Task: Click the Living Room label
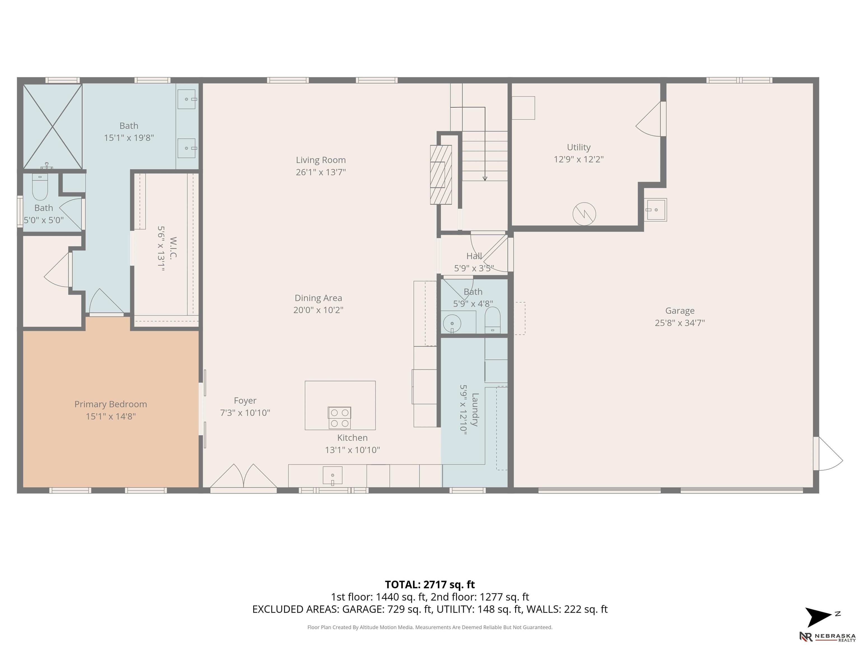click(321, 160)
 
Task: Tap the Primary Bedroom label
click(111, 404)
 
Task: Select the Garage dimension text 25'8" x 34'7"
click(680, 323)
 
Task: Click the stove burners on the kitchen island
click(339, 418)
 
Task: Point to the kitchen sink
click(332, 476)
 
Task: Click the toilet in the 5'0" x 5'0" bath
click(40, 187)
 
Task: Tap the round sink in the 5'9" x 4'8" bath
click(452, 323)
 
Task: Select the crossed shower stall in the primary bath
click(52, 126)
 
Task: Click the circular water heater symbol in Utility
click(584, 214)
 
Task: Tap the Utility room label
click(579, 147)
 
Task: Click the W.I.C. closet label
click(173, 248)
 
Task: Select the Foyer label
click(245, 400)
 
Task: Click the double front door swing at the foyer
click(243, 476)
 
